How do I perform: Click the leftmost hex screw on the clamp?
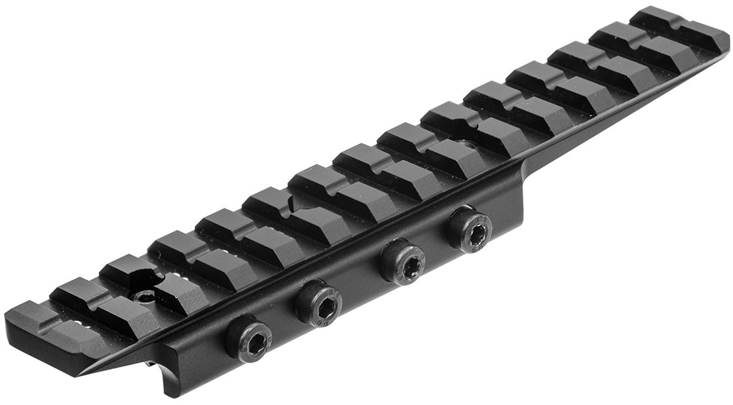249,339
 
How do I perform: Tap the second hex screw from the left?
318,303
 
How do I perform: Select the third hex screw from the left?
403,260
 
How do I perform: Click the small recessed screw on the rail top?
143,297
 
